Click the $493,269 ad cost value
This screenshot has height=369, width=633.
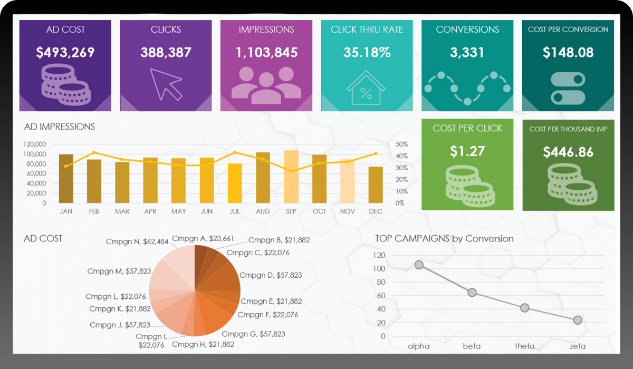click(65, 52)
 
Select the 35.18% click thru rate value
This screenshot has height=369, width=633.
click(367, 52)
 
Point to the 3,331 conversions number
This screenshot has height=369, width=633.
click(467, 52)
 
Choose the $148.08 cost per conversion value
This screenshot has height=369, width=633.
click(568, 52)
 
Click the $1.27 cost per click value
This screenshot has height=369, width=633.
click(467, 151)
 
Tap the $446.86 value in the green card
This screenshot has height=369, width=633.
click(568, 152)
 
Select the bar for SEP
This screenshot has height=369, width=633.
click(291, 177)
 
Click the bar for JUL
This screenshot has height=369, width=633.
click(235, 183)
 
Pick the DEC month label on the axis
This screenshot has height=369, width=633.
click(376, 211)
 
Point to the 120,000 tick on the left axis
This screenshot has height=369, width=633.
click(35, 144)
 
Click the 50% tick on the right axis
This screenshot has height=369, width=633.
click(401, 144)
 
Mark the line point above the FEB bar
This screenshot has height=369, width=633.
click(94, 152)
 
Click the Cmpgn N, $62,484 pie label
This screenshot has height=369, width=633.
click(137, 242)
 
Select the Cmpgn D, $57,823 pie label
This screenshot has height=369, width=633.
click(271, 275)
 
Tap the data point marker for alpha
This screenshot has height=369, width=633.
click(419, 265)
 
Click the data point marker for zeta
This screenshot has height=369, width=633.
click(578, 320)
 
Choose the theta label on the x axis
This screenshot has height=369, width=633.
click(524, 346)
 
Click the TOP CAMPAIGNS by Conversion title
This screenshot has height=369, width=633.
click(444, 238)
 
